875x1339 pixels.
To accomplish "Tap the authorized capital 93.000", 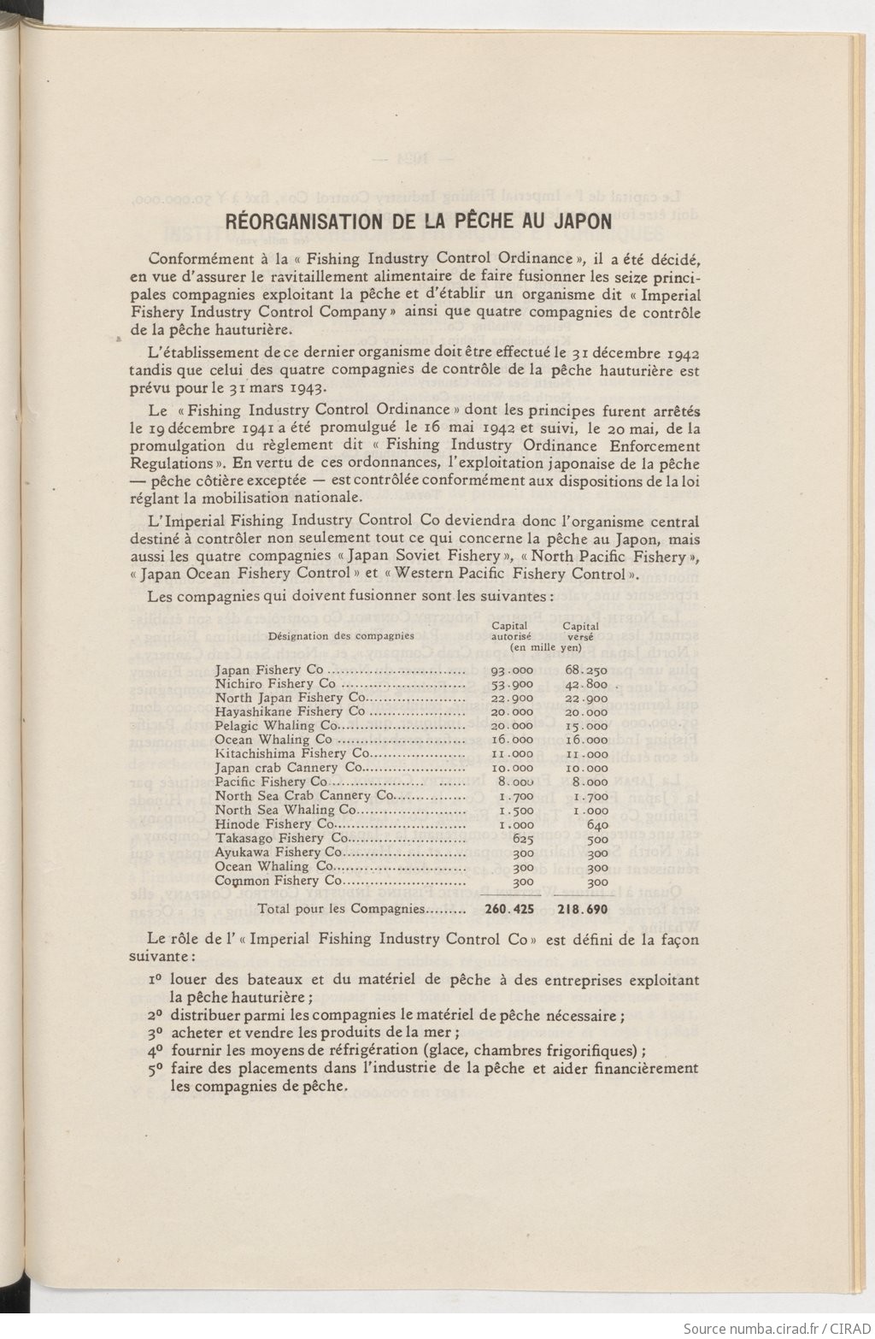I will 512,670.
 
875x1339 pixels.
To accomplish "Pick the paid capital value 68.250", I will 586,670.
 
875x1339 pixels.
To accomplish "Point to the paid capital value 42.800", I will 586,684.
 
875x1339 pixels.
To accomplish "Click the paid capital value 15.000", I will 586,726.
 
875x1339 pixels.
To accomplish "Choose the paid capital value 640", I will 597,824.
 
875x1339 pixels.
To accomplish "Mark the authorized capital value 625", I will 522,838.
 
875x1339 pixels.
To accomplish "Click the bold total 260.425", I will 509,909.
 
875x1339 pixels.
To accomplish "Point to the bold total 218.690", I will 583,909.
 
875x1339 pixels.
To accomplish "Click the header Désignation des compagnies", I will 341,635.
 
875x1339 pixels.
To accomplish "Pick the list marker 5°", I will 155,1069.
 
